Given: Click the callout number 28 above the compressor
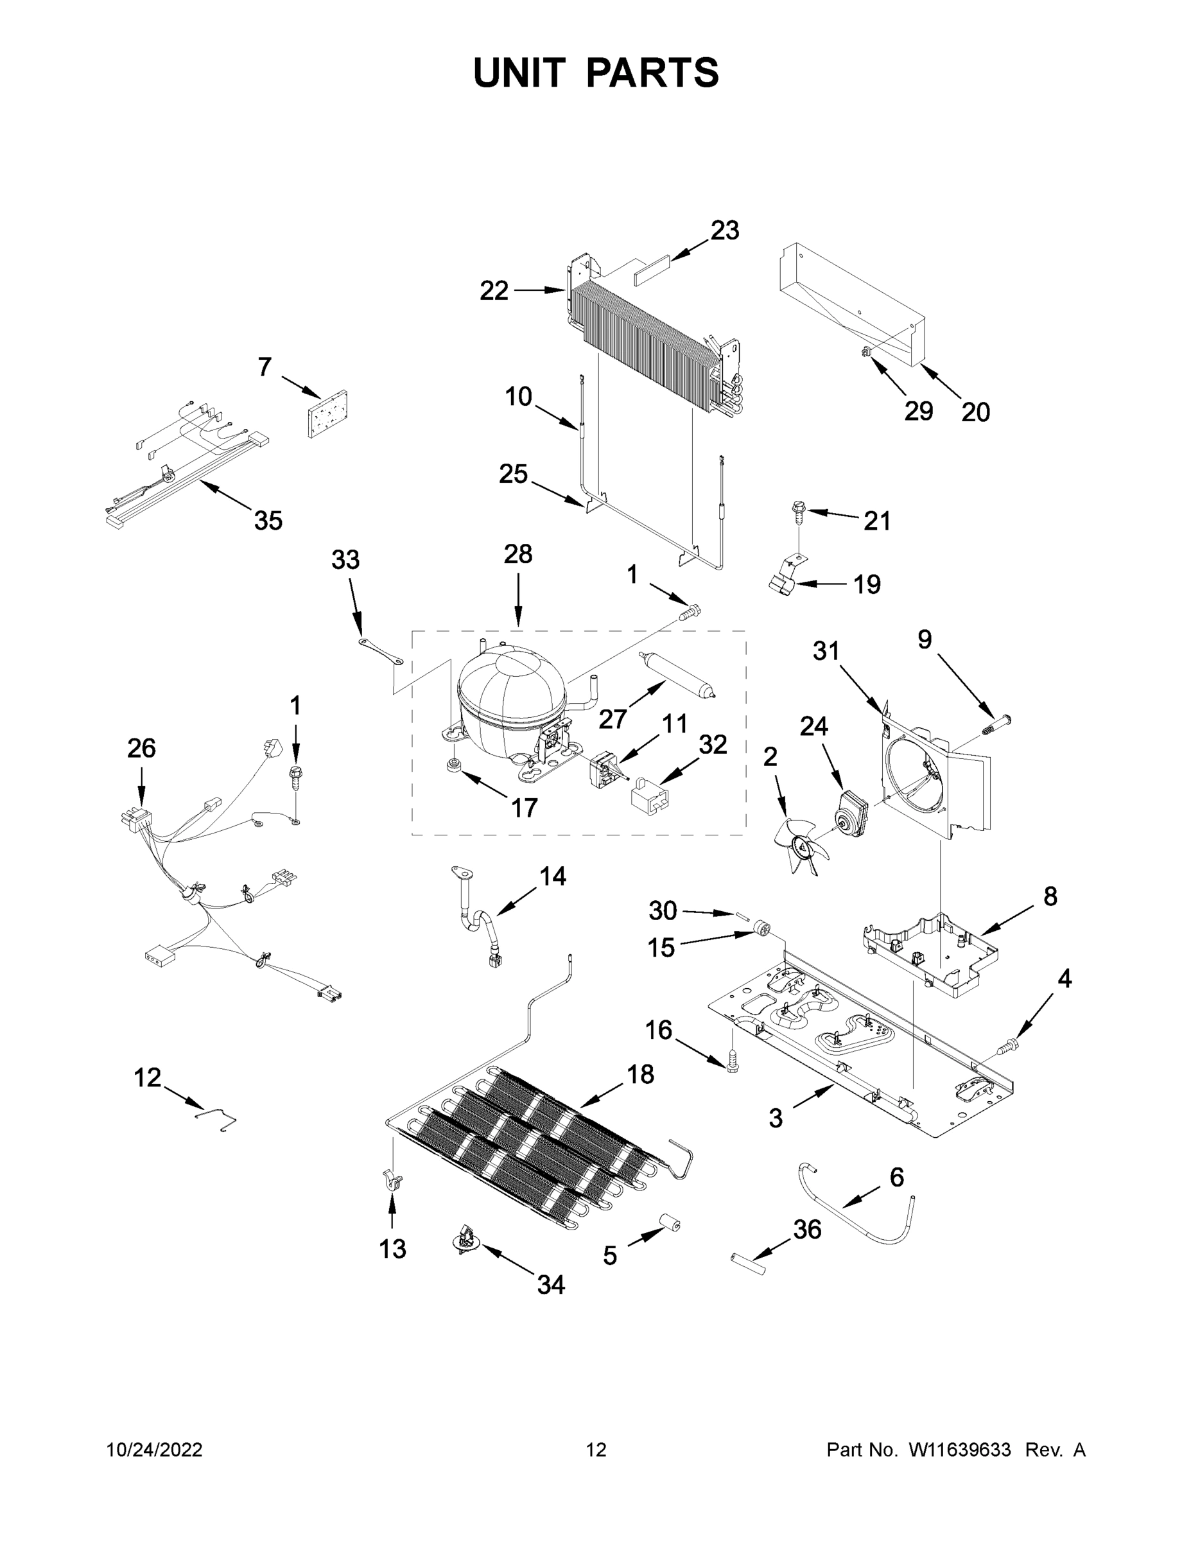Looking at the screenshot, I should (518, 554).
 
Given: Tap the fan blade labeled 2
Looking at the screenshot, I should (801, 844).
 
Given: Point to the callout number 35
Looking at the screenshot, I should (268, 521).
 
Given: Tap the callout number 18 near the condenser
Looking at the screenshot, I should (640, 1074).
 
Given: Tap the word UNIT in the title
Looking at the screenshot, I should (519, 73).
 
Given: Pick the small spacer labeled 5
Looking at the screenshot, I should (670, 1227).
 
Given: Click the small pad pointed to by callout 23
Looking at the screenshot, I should (650, 272).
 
